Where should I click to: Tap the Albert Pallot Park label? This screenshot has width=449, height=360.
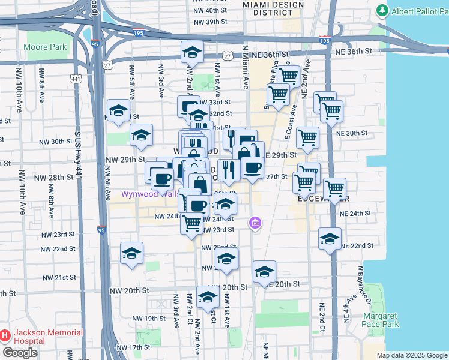(418, 11)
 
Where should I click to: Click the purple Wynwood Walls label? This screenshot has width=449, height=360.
(146, 194)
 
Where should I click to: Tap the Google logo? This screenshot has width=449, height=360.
(20, 353)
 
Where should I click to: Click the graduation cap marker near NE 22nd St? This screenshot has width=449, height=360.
(330, 239)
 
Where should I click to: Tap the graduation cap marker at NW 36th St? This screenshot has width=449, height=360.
(192, 52)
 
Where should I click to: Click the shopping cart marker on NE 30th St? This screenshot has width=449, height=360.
(307, 137)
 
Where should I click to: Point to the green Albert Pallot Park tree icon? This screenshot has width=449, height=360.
(382, 11)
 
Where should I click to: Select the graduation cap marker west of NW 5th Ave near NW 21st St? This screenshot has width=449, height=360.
(131, 253)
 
